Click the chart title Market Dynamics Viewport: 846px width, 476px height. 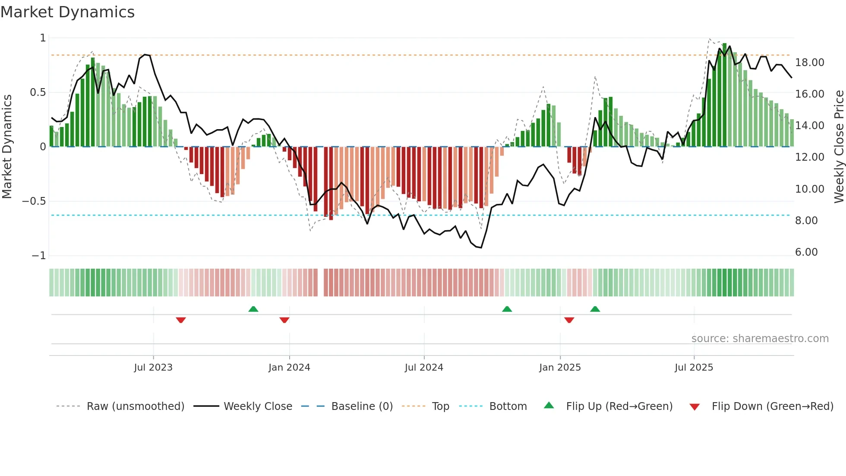tap(68, 12)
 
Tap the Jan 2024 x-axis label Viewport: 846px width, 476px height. tap(289, 368)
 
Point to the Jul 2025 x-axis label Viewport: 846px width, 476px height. tap(694, 368)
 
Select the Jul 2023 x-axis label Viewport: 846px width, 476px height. tap(153, 368)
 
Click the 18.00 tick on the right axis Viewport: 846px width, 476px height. tap(809, 63)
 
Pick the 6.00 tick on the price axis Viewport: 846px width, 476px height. tap(806, 252)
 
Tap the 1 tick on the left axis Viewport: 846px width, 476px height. tap(43, 38)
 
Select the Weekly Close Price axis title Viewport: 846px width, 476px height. tap(839, 146)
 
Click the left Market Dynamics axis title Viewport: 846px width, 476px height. tap(7, 146)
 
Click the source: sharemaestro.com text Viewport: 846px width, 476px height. tap(760, 339)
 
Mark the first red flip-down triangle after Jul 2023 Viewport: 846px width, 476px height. tap(181, 320)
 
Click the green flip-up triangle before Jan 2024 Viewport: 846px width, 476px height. tap(253, 309)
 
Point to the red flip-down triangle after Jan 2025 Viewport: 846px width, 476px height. tap(569, 320)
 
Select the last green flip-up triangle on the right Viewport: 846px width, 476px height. tap(595, 309)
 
